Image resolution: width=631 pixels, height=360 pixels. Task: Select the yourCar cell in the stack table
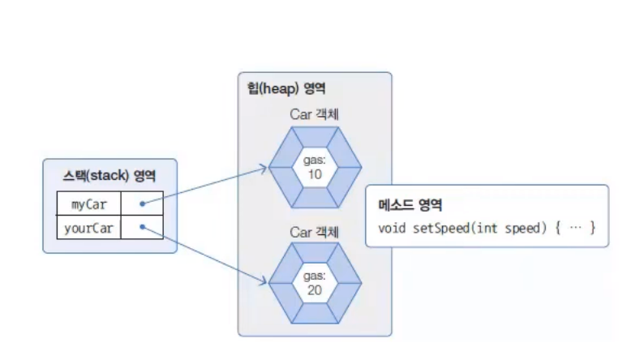(89, 227)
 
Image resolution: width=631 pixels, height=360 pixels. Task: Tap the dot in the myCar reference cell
(142, 204)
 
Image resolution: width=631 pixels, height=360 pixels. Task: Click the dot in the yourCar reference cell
(142, 227)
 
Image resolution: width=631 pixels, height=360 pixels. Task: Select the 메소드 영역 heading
(410, 205)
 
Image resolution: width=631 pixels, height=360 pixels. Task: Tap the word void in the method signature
(392, 228)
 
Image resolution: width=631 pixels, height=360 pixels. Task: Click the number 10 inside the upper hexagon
(315, 175)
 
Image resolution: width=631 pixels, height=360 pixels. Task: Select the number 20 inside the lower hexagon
(315, 289)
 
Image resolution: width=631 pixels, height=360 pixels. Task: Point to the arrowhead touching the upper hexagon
(265, 169)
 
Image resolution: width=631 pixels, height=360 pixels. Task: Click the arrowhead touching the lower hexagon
(264, 282)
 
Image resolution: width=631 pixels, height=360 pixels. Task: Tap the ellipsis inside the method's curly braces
(576, 228)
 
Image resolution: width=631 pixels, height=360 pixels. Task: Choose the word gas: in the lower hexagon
(315, 276)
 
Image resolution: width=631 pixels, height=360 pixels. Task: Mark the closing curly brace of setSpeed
(594, 228)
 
